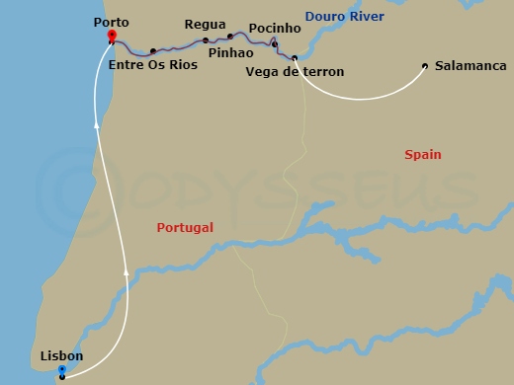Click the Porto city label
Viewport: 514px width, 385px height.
pyautogui.click(x=111, y=21)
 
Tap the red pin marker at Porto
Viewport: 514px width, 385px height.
pyautogui.click(x=111, y=37)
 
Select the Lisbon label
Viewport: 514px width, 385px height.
pyautogui.click(x=62, y=355)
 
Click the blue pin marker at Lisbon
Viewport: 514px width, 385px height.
pyautogui.click(x=62, y=370)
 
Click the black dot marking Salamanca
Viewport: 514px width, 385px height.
pyautogui.click(x=425, y=66)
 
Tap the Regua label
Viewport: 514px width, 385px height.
pyautogui.click(x=205, y=24)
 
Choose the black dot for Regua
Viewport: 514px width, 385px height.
pyautogui.click(x=206, y=40)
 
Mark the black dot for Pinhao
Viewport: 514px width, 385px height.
pyautogui.click(x=230, y=37)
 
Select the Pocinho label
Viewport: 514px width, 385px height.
pyautogui.click(x=275, y=29)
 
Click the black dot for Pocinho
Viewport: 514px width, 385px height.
pyautogui.click(x=275, y=44)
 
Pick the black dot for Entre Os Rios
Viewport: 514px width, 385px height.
pyautogui.click(x=153, y=51)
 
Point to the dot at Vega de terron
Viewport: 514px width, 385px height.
pyautogui.click(x=295, y=57)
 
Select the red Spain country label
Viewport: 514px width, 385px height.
pyautogui.click(x=422, y=155)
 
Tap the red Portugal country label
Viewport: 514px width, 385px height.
pyautogui.click(x=185, y=227)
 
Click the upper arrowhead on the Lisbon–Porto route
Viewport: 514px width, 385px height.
pyautogui.click(x=96, y=124)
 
